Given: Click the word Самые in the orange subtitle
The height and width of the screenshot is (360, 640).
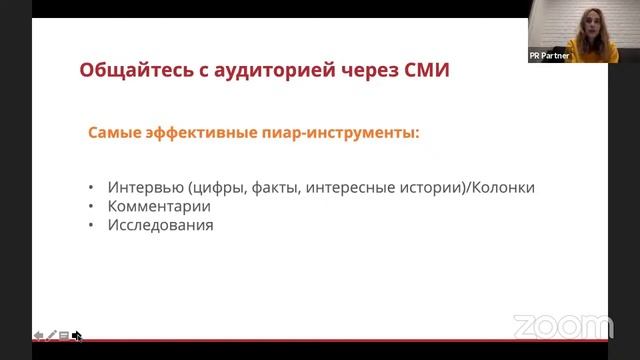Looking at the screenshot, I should click(x=115, y=132).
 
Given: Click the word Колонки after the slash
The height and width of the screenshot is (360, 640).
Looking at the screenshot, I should click(x=505, y=187).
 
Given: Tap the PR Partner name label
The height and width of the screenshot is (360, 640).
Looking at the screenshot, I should click(x=549, y=56).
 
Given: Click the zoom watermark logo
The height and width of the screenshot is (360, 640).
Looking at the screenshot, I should click(x=562, y=327).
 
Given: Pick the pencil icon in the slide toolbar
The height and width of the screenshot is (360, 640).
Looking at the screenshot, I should click(x=51, y=336).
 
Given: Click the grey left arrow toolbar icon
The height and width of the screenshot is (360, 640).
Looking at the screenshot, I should click(x=38, y=336).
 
